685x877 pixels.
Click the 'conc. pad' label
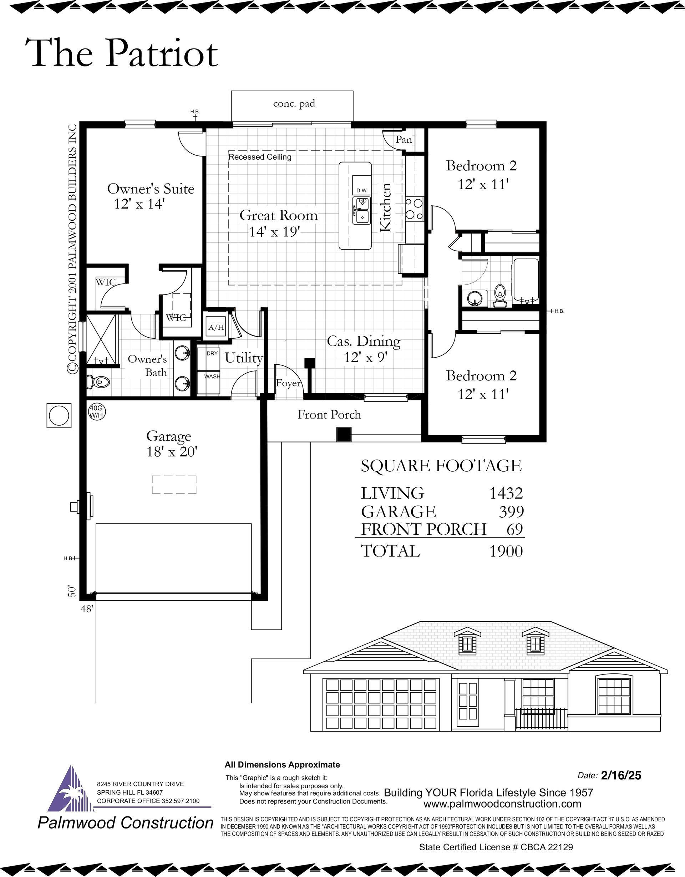[294, 104]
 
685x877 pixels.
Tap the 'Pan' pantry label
[404, 139]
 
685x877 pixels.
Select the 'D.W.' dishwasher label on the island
[361, 190]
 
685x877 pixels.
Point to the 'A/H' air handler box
[216, 327]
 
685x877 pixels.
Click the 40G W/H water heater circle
[96, 412]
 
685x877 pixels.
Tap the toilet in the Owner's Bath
[98, 382]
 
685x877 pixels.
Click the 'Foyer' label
[288, 383]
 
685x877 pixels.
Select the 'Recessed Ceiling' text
[260, 157]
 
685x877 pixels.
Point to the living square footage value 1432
[506, 493]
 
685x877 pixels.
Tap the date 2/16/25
[621, 775]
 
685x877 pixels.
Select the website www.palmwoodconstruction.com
[502, 804]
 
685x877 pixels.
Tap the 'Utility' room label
[244, 358]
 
